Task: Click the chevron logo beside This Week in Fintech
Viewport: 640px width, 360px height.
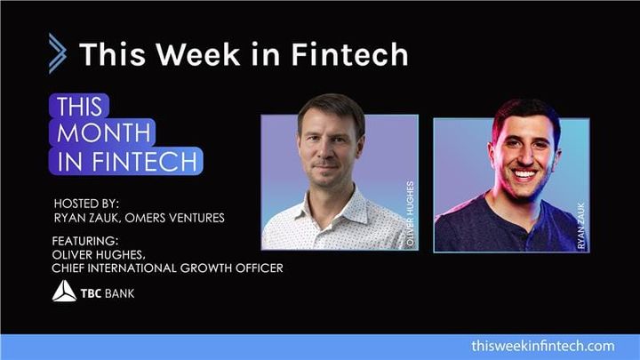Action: tap(57, 53)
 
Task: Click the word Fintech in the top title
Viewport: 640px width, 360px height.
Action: tap(355, 54)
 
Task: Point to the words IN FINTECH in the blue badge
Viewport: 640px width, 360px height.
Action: tap(128, 161)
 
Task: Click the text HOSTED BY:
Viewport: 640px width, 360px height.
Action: tap(91, 202)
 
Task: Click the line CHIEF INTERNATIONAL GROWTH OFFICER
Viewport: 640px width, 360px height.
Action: tap(169, 268)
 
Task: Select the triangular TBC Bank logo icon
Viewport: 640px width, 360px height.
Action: tap(64, 291)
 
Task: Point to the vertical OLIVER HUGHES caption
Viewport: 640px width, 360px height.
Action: tap(409, 213)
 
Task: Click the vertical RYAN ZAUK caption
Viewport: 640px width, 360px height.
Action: tap(580, 222)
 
